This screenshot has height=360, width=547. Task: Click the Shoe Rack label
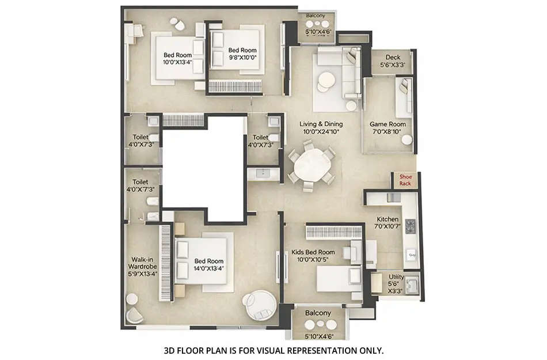point(405,180)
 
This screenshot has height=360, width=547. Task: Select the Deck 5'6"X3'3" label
point(393,62)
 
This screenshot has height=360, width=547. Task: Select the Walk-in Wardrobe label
point(141,271)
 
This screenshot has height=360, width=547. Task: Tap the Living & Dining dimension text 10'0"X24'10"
point(321,132)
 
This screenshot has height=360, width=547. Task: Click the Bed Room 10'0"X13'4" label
point(176,59)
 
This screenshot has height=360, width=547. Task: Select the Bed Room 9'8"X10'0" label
point(242,54)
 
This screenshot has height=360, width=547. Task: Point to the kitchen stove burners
point(411,226)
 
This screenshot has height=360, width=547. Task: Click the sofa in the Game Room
point(405,96)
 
